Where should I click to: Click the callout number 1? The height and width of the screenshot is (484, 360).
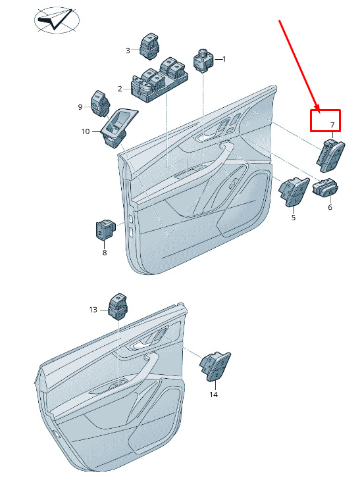pos(224,59)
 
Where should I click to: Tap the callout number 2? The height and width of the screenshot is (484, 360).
pos(120,89)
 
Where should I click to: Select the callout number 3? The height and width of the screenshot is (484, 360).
pos(128,51)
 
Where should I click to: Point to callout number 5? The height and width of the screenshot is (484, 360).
pos(294,218)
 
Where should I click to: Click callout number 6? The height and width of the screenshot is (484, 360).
pos(330,207)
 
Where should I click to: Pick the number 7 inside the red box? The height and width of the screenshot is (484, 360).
pos(332,125)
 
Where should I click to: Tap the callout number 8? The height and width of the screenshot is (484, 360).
pos(105,253)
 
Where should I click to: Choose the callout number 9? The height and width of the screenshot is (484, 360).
pos(80,107)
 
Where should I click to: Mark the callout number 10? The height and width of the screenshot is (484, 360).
pos(86,132)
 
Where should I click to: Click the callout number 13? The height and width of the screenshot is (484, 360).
pos(93,310)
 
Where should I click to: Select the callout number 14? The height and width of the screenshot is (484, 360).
pos(213,395)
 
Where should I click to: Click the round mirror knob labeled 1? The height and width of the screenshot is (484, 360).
pos(203,60)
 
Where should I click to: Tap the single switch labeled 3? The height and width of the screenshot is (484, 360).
pos(150,46)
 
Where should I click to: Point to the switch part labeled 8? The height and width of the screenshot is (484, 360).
pos(106,230)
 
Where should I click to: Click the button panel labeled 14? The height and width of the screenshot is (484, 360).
pos(215,366)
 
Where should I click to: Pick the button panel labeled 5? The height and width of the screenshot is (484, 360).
pos(294,191)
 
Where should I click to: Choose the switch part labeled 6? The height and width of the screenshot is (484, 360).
pos(325,187)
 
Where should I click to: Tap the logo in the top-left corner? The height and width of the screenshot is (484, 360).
pos(57,20)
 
